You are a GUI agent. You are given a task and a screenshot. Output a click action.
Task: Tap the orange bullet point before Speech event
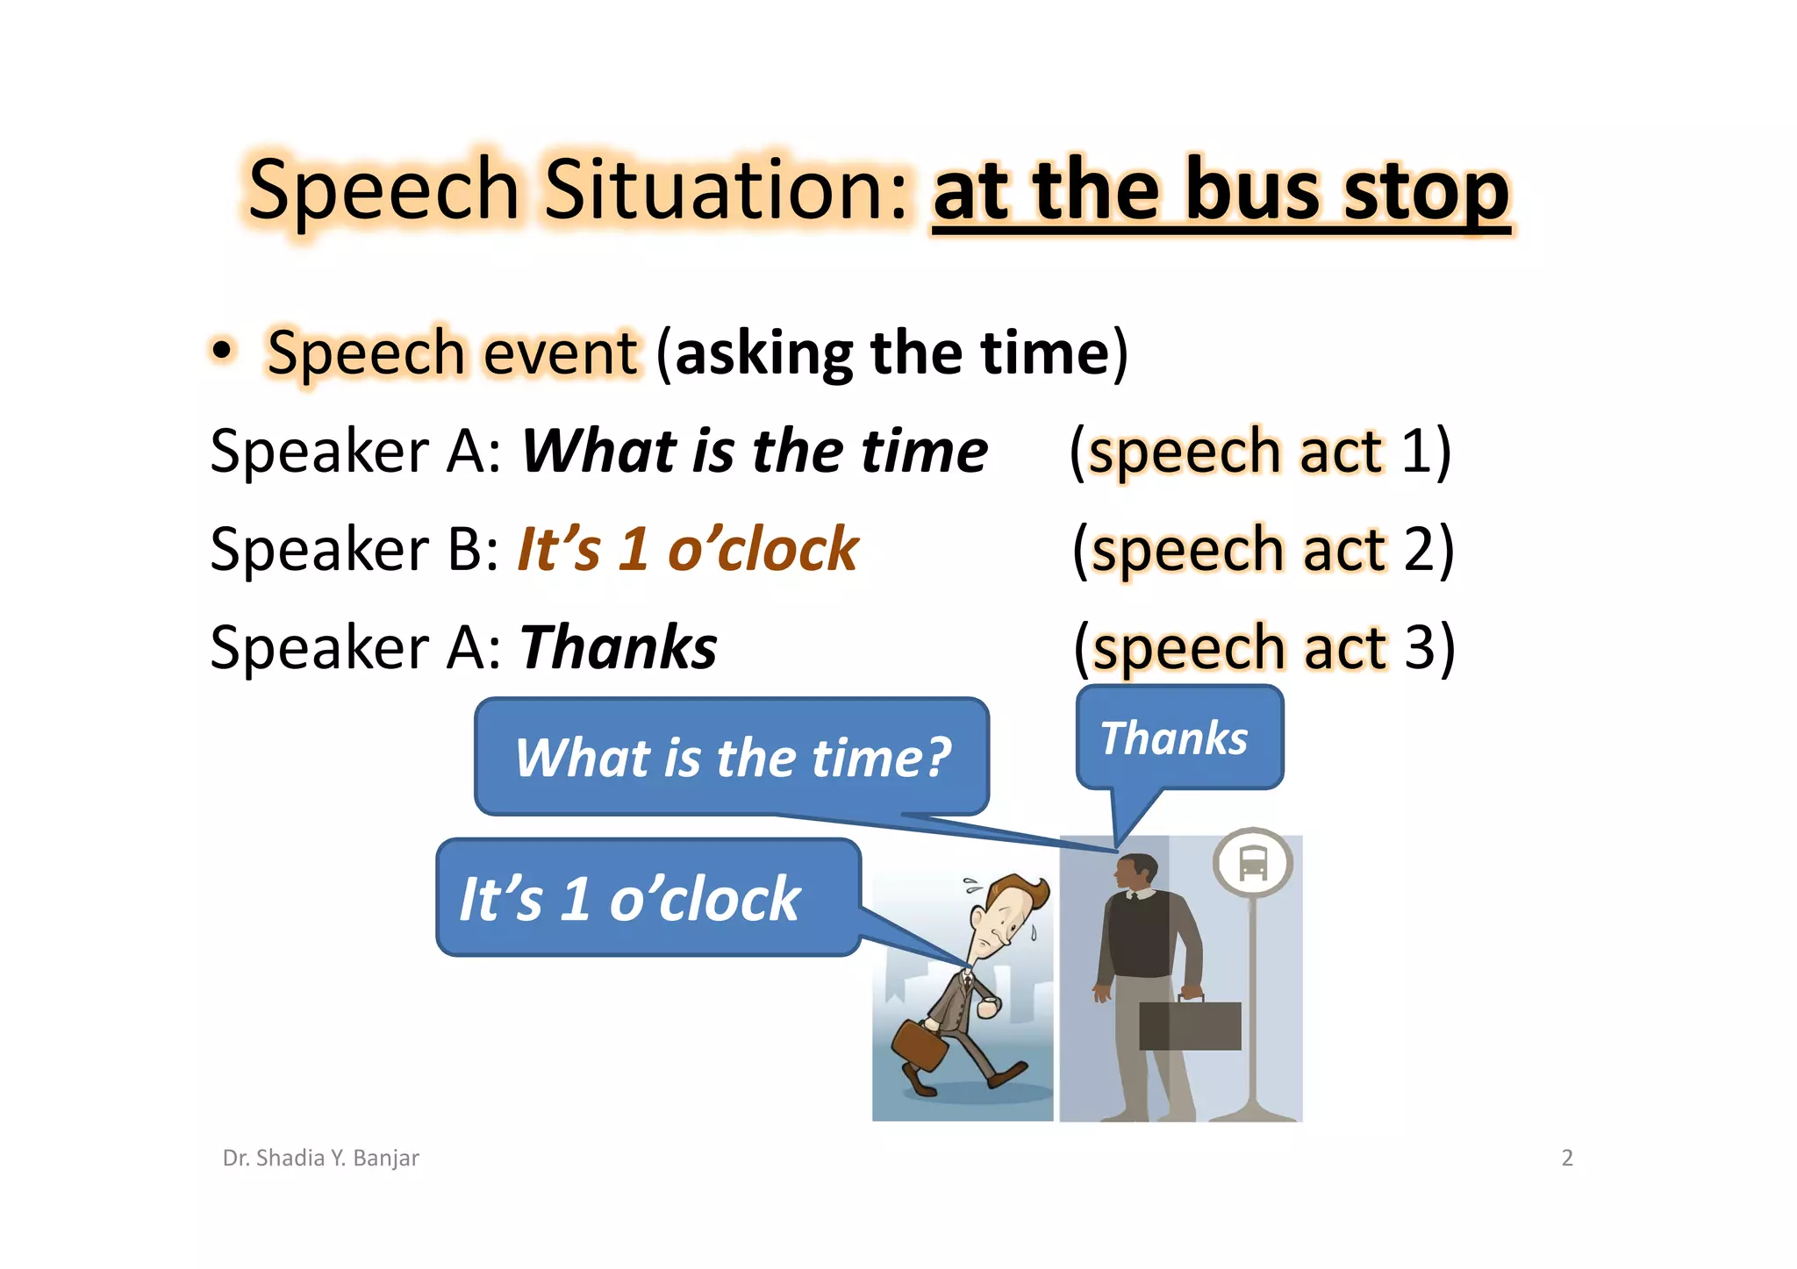(x=223, y=351)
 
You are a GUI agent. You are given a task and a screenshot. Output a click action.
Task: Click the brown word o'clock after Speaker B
(x=762, y=551)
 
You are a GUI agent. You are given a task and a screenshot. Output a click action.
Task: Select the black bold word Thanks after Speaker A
(x=619, y=648)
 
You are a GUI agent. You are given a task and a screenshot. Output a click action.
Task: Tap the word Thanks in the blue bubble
(x=1173, y=738)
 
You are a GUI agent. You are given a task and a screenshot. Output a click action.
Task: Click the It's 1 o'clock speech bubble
(x=648, y=898)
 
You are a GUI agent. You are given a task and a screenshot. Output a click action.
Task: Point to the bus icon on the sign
(x=1252, y=862)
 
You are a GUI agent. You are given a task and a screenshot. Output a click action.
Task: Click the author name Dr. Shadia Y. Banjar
(x=320, y=1158)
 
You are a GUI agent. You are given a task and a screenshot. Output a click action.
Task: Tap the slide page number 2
(x=1567, y=1158)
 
